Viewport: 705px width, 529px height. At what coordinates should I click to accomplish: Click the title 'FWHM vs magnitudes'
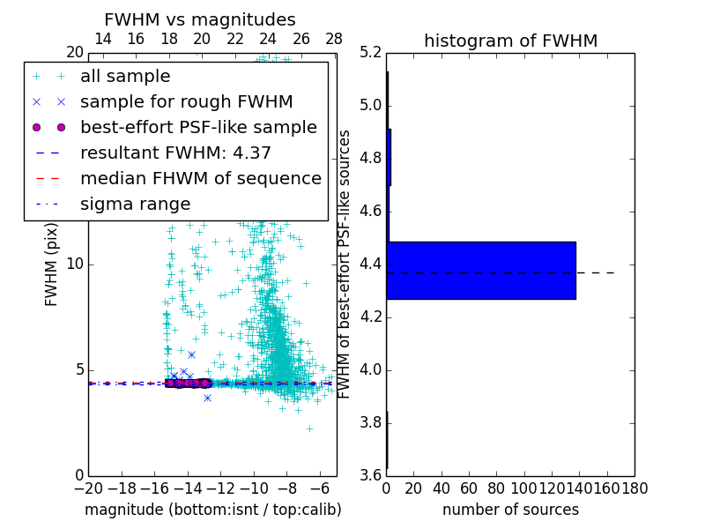[x=200, y=19]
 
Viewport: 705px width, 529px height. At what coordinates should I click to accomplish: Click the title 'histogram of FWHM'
[x=510, y=41]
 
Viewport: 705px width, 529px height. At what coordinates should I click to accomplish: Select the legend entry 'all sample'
[x=125, y=77]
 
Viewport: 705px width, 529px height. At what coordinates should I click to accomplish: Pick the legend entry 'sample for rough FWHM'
[x=186, y=102]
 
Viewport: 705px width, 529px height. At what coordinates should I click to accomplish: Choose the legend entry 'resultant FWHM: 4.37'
[x=175, y=153]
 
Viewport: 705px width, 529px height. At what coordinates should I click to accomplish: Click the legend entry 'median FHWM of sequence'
[x=200, y=178]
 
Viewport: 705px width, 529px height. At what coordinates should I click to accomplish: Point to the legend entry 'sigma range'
[x=135, y=204]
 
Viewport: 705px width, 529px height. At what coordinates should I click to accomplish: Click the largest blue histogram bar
[x=481, y=270]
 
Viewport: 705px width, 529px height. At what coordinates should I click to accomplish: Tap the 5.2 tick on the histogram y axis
[x=371, y=53]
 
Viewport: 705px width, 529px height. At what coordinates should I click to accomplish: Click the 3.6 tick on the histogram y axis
[x=371, y=475]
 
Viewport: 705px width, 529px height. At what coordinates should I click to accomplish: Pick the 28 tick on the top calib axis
[x=334, y=39]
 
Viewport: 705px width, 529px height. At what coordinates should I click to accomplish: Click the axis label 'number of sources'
[x=510, y=510]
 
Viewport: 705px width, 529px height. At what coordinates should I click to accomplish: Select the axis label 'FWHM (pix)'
[x=52, y=264]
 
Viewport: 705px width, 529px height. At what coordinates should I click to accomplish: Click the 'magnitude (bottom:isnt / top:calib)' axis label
[x=212, y=510]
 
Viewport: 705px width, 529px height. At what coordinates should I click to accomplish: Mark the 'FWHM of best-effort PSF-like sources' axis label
[x=345, y=264]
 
